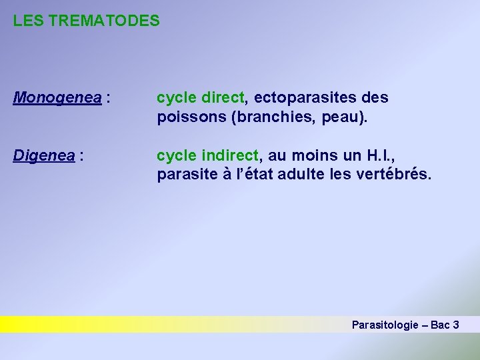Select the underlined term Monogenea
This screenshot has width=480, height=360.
click(x=57, y=99)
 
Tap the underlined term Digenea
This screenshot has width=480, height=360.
click(x=44, y=156)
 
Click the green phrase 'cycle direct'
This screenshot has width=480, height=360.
click(x=201, y=99)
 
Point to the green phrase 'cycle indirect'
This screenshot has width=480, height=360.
click(x=208, y=156)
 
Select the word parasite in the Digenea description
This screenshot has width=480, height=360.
click(x=185, y=175)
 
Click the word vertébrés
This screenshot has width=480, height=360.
click(x=396, y=175)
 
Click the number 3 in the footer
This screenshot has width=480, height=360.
click(x=455, y=325)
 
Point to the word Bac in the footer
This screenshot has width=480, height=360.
click(x=439, y=325)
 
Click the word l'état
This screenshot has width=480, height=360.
click(x=249, y=175)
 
